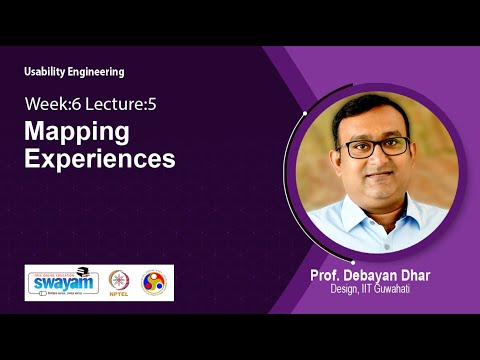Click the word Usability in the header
point(49,72)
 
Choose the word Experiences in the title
point(99,158)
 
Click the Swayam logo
point(62,282)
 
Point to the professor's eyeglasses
point(374,146)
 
